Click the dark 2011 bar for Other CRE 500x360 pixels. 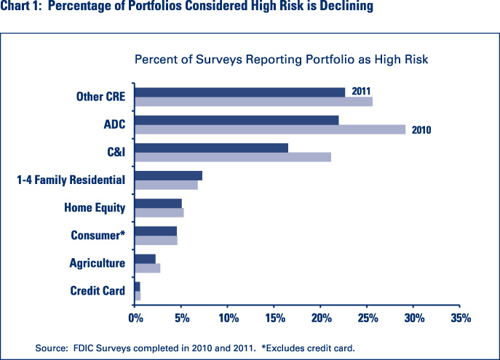[x=239, y=92]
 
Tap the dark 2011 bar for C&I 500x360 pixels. [x=211, y=148]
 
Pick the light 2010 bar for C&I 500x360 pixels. [x=233, y=157]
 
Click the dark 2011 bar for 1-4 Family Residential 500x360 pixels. [x=168, y=175]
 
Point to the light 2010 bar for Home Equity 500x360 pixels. [x=159, y=212]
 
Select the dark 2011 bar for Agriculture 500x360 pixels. [x=145, y=259]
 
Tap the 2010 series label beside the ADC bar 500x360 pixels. [x=421, y=131]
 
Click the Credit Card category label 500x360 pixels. [x=98, y=292]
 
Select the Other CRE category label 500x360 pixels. [x=100, y=97]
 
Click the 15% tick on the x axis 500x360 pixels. [x=274, y=318]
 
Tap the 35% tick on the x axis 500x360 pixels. [x=461, y=318]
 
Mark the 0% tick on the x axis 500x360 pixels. [x=135, y=318]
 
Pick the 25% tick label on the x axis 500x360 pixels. [x=368, y=318]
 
